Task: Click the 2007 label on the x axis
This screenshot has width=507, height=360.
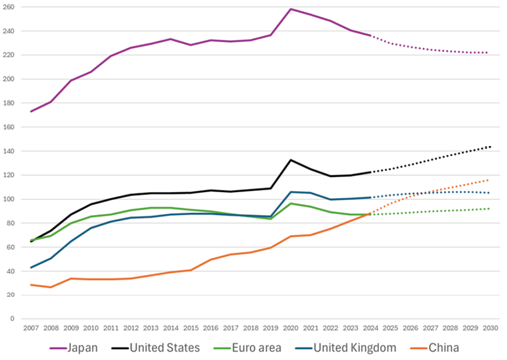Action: pyautogui.click(x=31, y=328)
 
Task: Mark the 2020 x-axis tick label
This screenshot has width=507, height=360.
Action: pyautogui.click(x=291, y=328)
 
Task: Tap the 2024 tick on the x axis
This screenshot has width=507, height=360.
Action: pyautogui.click(x=370, y=328)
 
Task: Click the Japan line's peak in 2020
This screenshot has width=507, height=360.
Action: pyautogui.click(x=291, y=9)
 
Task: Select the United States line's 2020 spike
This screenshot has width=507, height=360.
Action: pyautogui.click(x=291, y=160)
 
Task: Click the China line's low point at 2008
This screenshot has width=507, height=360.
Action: pyautogui.click(x=51, y=287)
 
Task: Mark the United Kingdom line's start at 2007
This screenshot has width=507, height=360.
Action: pyautogui.click(x=31, y=267)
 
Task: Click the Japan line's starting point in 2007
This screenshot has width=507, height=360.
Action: pyautogui.click(x=31, y=111)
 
